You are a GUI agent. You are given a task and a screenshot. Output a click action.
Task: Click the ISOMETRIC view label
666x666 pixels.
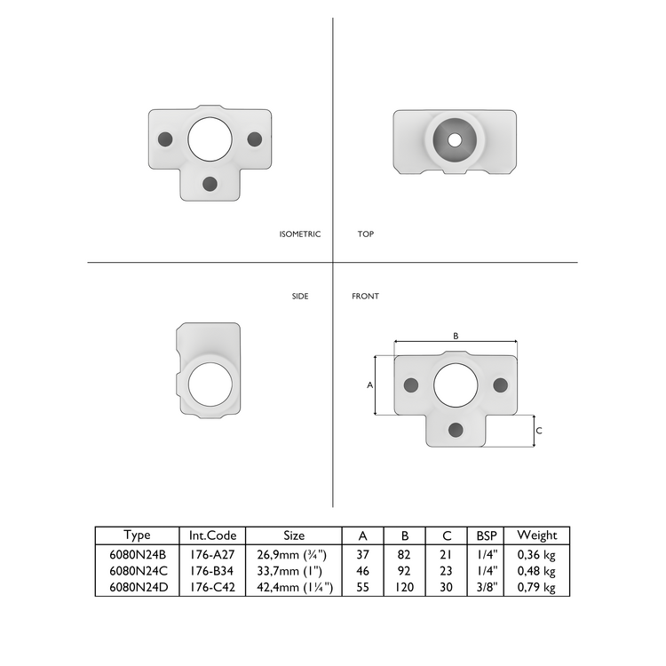click(299, 234)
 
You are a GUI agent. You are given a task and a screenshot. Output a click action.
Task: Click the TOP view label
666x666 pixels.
click(365, 234)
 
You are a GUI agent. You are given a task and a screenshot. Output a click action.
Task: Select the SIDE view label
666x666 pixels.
click(300, 296)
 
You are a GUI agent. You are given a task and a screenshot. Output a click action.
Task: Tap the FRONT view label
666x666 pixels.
click(365, 296)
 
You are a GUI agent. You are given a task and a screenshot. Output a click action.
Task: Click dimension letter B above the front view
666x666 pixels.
click(456, 336)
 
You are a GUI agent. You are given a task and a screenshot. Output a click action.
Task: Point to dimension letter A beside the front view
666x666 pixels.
click(369, 385)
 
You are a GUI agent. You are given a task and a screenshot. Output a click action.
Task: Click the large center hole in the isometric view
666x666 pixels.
click(210, 139)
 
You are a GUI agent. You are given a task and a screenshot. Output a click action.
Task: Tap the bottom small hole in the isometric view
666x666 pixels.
click(210, 183)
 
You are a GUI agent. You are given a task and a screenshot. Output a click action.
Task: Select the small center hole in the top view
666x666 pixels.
click(455, 139)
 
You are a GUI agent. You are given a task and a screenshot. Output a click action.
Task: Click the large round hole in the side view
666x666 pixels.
click(210, 386)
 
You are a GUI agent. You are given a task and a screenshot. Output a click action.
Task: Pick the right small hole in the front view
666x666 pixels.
click(500, 385)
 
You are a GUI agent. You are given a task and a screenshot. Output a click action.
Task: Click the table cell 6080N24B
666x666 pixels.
click(137, 553)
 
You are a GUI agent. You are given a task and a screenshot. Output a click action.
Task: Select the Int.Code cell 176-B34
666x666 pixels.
click(212, 570)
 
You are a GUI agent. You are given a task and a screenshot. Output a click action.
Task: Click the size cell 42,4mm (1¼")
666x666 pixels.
click(294, 587)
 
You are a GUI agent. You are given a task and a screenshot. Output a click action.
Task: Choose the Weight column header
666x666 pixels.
click(536, 535)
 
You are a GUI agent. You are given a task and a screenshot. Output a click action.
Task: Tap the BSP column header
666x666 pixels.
click(486, 535)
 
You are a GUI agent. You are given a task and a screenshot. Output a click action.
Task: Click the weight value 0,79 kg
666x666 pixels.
click(536, 587)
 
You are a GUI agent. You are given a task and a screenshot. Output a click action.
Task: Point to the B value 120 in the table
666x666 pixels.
click(405, 587)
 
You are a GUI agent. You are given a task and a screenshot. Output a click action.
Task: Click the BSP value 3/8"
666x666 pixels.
click(486, 587)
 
